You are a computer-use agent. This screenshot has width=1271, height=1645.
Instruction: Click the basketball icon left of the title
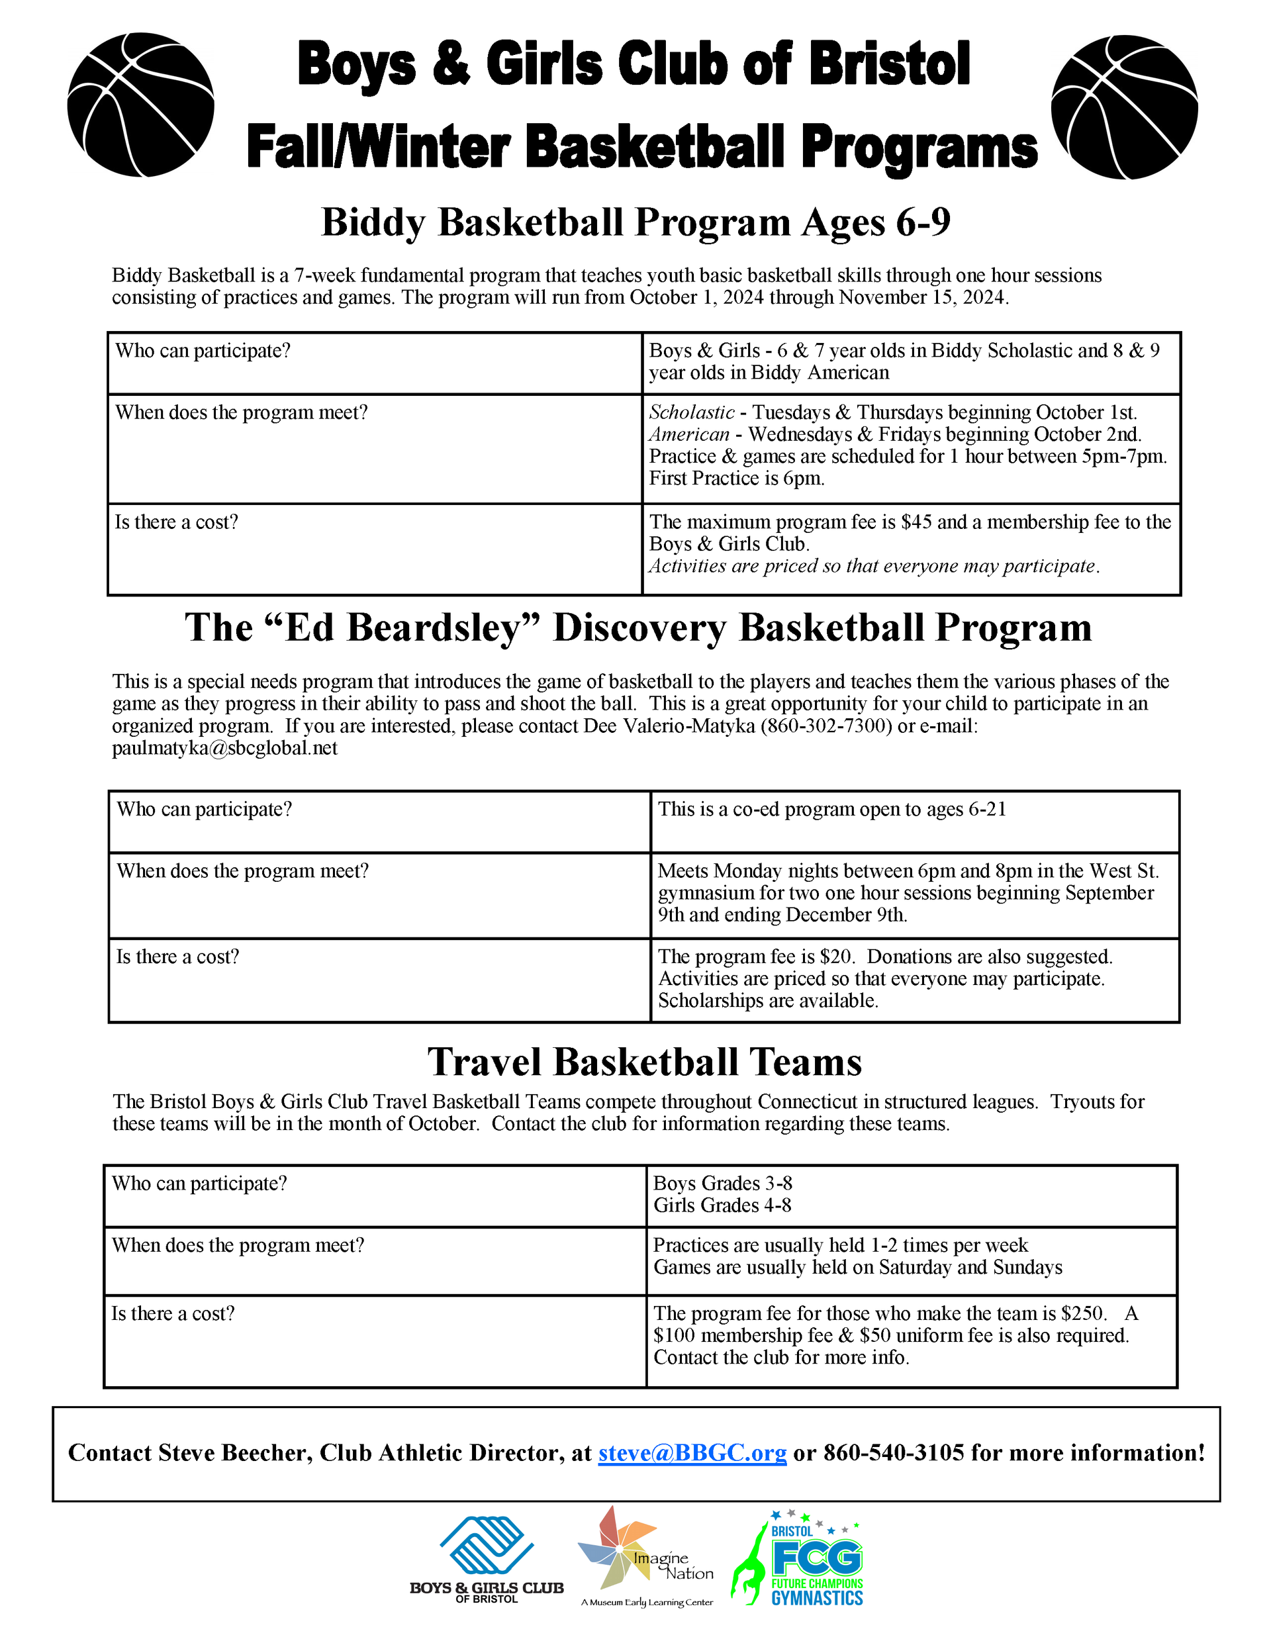click(x=141, y=105)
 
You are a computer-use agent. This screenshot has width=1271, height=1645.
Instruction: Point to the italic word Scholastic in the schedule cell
click(x=691, y=413)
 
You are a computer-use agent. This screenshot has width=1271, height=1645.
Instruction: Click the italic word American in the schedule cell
click(x=688, y=435)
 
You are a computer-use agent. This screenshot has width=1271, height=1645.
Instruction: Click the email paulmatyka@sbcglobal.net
click(x=224, y=748)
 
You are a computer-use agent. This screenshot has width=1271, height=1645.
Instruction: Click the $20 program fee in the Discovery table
click(x=835, y=957)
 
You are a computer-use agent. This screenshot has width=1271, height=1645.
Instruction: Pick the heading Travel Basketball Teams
click(x=644, y=1062)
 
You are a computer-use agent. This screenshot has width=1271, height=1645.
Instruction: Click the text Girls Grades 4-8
click(x=722, y=1205)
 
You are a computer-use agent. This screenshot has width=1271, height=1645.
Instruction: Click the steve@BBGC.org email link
click(x=692, y=1452)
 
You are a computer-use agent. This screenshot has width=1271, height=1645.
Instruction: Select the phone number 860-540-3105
click(x=894, y=1452)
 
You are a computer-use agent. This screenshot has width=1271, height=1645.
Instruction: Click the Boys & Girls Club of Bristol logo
click(x=487, y=1559)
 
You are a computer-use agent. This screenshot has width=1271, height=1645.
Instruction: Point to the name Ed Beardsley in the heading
click(x=404, y=628)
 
